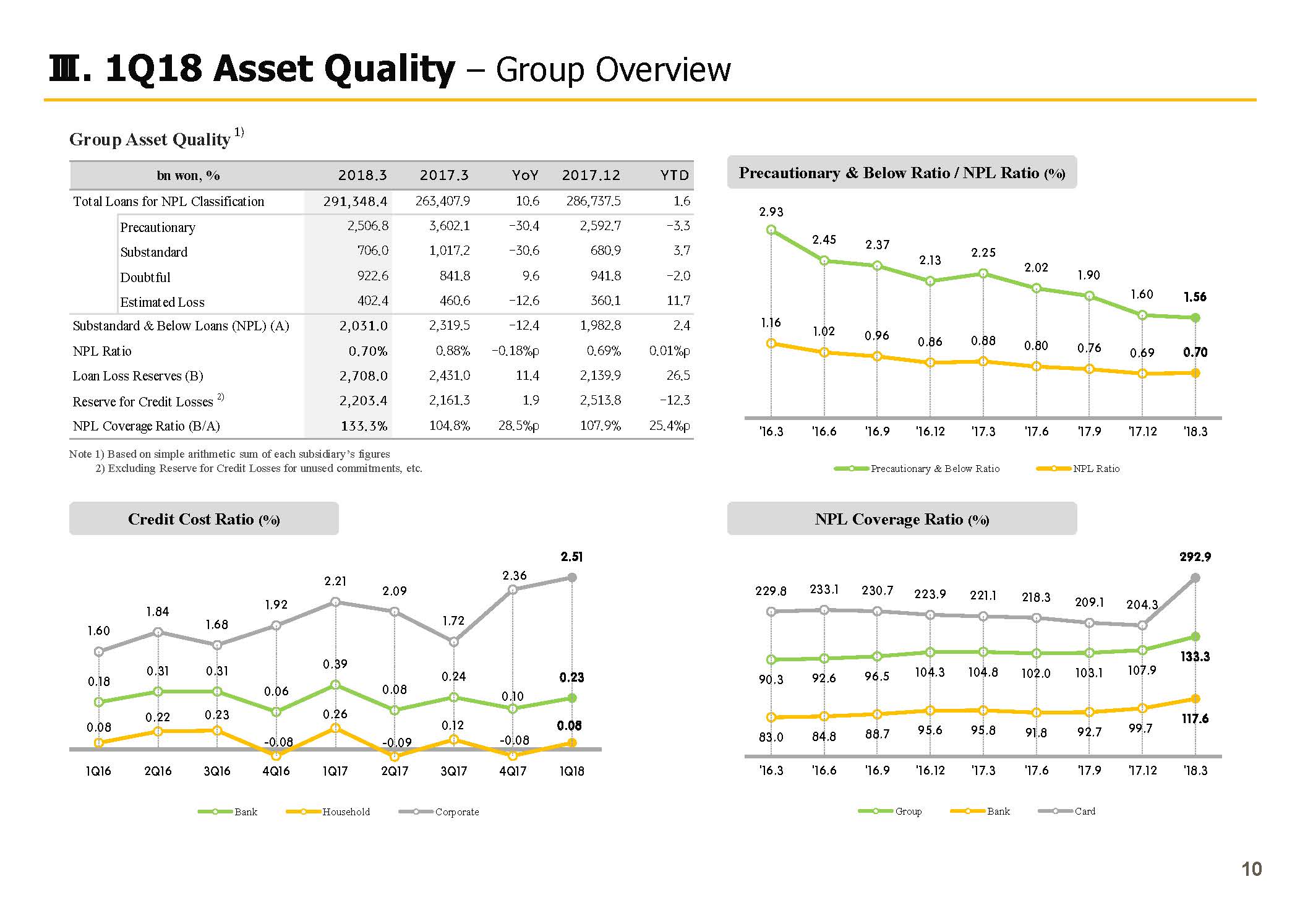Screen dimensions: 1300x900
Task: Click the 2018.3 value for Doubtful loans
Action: [x=372, y=276]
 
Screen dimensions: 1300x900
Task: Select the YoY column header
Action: [x=525, y=175]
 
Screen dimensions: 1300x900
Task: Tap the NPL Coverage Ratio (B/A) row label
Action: [x=146, y=426]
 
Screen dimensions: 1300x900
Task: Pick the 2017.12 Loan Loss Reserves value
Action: [x=600, y=375]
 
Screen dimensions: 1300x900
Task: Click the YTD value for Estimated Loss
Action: [x=678, y=301]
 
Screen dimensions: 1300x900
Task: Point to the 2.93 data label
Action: [x=771, y=212]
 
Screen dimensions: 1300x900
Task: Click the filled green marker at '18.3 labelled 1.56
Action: [x=1195, y=318]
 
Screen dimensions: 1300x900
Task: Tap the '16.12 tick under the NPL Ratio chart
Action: [x=930, y=431]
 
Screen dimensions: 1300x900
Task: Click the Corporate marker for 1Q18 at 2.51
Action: [x=572, y=577]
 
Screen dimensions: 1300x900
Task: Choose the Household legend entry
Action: [x=328, y=812]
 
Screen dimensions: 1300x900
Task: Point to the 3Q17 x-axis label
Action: [x=453, y=771]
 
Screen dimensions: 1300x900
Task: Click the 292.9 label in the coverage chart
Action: [x=1195, y=557]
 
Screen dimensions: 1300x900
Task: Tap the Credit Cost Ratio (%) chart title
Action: [x=203, y=519]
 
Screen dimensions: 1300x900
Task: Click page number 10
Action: [x=1251, y=869]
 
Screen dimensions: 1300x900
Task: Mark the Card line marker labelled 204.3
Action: [x=1142, y=625]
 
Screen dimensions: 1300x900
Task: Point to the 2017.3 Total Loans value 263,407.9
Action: [x=442, y=201]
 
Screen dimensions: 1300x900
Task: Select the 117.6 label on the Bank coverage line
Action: [x=1195, y=719]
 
